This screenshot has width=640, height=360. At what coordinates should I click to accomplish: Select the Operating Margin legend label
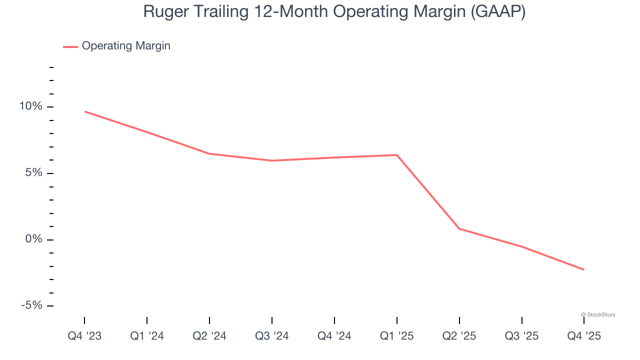point(126,46)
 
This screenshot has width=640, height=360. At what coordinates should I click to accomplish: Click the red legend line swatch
point(70,46)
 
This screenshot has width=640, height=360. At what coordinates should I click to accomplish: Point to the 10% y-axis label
point(30,106)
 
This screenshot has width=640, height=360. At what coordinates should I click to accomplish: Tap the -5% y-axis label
point(31,305)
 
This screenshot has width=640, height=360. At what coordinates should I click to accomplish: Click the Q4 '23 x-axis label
point(84,336)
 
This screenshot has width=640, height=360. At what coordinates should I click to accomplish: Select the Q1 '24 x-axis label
point(147,336)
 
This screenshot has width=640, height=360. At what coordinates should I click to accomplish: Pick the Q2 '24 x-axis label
point(209,336)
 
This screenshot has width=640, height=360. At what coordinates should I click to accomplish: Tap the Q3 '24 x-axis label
point(272,336)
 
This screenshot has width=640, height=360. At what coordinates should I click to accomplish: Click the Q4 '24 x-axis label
point(334,336)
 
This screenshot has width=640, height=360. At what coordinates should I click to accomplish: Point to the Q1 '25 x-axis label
point(397,336)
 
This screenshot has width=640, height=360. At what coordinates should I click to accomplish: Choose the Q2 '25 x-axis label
point(459,336)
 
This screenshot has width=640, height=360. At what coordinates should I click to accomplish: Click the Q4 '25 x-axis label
point(584,336)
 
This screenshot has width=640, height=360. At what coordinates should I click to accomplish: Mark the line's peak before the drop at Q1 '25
point(397,155)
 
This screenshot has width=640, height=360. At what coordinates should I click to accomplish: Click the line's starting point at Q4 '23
point(84,111)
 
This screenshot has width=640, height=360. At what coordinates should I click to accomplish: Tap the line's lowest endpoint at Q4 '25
point(584,269)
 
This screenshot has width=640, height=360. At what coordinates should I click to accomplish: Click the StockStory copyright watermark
point(598,314)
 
